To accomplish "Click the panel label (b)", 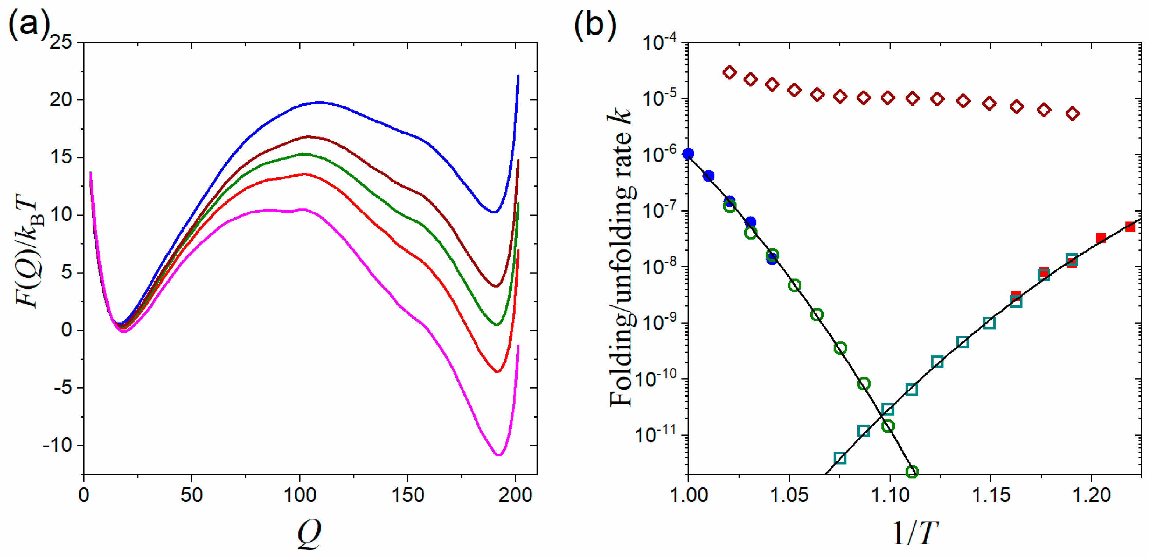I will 595,25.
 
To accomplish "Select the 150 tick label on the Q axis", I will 408,495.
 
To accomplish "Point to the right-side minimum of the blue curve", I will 493,212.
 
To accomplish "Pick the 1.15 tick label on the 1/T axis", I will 991,495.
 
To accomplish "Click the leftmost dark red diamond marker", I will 729,72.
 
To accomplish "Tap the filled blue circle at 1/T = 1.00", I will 688,154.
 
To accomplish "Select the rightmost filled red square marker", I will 1130,226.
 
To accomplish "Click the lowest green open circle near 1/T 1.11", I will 912,471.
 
